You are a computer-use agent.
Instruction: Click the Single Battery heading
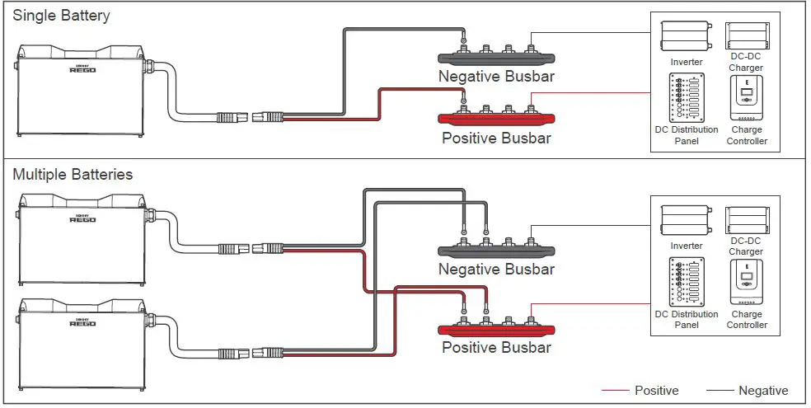tap(61, 16)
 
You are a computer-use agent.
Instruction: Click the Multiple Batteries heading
tap(73, 174)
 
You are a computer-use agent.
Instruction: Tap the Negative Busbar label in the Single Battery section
tap(496, 77)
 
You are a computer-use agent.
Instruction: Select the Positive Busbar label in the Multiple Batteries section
tap(496, 348)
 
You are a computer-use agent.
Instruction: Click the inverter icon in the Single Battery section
tap(687, 37)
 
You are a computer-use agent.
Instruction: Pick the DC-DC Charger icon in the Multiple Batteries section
tap(747, 221)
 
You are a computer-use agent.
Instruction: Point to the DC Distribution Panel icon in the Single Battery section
tap(687, 98)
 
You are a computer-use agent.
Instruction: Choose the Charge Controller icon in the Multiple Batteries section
tap(747, 282)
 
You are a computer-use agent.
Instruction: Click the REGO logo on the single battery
tap(82, 68)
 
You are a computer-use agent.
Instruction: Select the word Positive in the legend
tap(656, 391)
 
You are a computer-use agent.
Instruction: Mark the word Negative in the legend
tap(763, 391)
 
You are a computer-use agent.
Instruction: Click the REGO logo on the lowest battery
tap(82, 322)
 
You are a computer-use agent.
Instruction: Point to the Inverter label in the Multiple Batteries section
tap(687, 246)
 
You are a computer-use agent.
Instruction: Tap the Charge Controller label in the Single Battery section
tap(747, 135)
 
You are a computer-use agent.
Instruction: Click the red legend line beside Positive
tap(615, 391)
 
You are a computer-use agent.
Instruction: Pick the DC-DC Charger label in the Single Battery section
tap(747, 62)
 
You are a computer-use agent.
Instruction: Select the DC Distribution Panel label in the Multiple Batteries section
tap(687, 320)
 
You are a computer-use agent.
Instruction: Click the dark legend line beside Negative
tap(720, 391)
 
